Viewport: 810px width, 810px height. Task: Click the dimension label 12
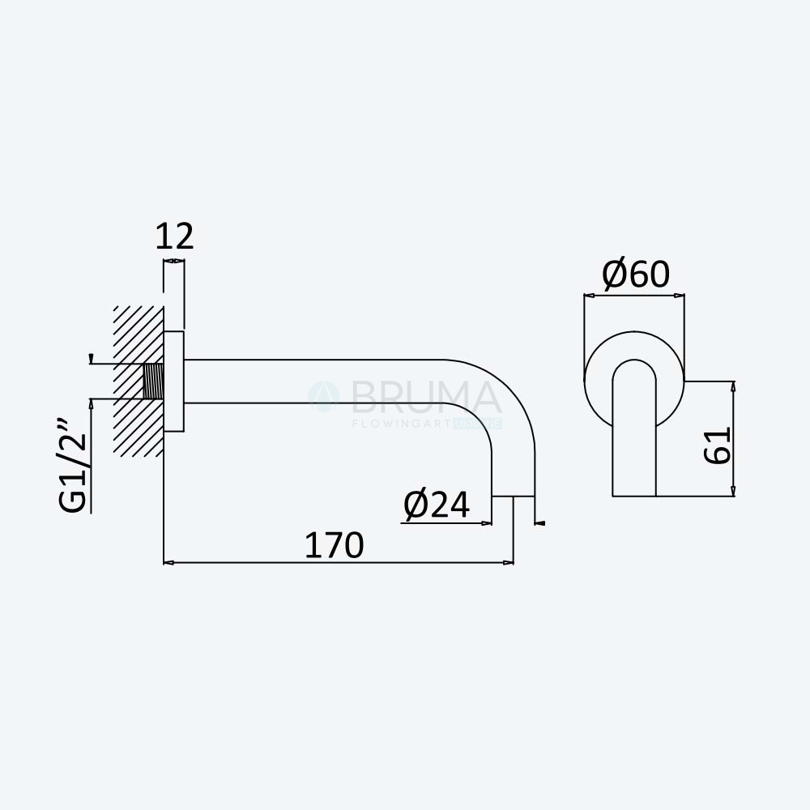(x=175, y=237)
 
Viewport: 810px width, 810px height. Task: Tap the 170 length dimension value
(x=335, y=545)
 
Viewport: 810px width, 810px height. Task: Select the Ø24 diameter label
(x=437, y=504)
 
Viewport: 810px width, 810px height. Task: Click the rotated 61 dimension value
(x=718, y=446)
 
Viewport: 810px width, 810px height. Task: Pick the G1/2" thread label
(x=73, y=466)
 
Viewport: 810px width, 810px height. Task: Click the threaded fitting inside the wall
(x=153, y=382)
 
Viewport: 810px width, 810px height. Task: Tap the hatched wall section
(x=139, y=382)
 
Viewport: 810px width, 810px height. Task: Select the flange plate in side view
(x=173, y=382)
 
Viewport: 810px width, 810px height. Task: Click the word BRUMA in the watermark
(x=426, y=398)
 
